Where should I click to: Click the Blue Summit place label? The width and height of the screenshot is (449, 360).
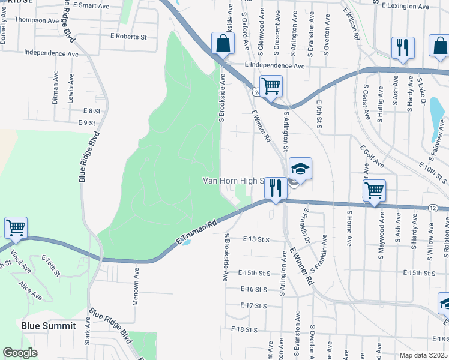click(49, 326)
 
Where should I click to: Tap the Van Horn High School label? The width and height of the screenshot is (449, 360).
click(234, 180)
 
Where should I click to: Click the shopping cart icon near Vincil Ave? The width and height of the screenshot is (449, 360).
click(16, 227)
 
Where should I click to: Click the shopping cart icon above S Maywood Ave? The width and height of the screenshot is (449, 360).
click(375, 190)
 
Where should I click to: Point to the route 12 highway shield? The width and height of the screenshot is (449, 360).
click(433, 208)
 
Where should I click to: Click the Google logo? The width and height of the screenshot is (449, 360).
click(20, 353)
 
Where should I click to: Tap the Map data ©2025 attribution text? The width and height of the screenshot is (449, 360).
click(423, 355)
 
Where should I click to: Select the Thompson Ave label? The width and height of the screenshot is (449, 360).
click(37, 20)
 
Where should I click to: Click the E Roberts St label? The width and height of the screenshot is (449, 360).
click(128, 37)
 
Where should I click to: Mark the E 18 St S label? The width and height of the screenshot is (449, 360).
click(244, 329)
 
